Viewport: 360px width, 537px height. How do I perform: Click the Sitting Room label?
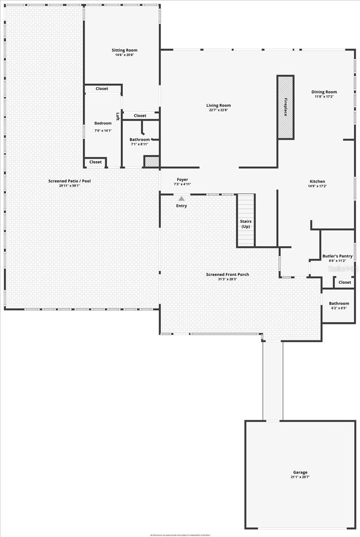click(x=124, y=50)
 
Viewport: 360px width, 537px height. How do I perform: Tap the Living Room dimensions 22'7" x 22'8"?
click(x=219, y=110)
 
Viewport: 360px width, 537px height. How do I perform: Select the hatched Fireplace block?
click(x=285, y=107)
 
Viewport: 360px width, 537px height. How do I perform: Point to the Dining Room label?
click(x=324, y=92)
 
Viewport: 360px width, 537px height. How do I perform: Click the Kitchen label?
click(x=317, y=181)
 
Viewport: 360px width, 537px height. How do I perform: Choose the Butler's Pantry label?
click(x=337, y=256)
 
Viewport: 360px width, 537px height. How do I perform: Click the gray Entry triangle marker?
click(x=181, y=198)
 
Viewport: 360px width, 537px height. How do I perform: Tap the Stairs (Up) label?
click(x=246, y=224)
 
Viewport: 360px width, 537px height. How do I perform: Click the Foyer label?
click(x=182, y=179)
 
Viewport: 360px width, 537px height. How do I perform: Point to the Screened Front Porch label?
click(x=227, y=274)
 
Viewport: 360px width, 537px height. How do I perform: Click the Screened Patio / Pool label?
click(x=69, y=181)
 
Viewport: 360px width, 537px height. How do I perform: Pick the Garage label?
click(x=300, y=472)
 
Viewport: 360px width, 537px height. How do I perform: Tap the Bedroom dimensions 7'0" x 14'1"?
click(x=103, y=131)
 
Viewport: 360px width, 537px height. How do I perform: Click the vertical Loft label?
click(x=118, y=116)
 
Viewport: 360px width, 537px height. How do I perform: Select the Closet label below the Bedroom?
click(x=95, y=162)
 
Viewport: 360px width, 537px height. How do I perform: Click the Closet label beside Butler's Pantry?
click(x=344, y=282)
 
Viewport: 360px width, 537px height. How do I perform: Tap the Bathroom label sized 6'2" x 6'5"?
click(x=339, y=303)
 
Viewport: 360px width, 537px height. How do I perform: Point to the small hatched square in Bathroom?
click(x=152, y=162)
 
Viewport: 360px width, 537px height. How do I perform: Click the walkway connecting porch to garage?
click(x=273, y=380)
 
